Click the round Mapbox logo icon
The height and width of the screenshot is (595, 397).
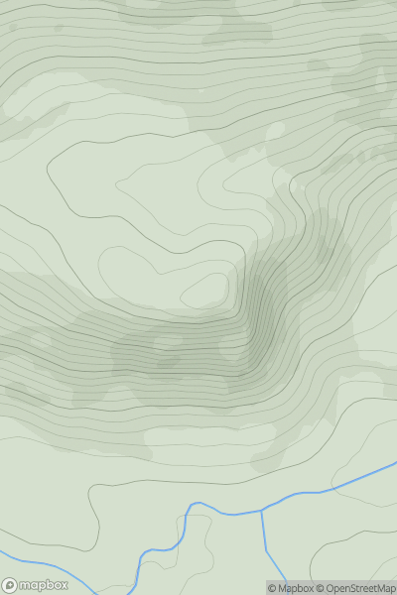coord(11,585)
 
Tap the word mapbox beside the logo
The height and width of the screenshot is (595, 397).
coord(44,585)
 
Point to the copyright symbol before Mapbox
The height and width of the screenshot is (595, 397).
coord(272,588)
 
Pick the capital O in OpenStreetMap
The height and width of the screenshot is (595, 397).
coord(327,588)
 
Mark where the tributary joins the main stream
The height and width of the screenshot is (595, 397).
coord(262,511)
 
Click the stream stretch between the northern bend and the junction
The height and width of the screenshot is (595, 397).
coord(230,514)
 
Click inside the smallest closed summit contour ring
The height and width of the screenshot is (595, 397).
coord(205,290)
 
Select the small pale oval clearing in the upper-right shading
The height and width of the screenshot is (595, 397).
coord(274,131)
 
